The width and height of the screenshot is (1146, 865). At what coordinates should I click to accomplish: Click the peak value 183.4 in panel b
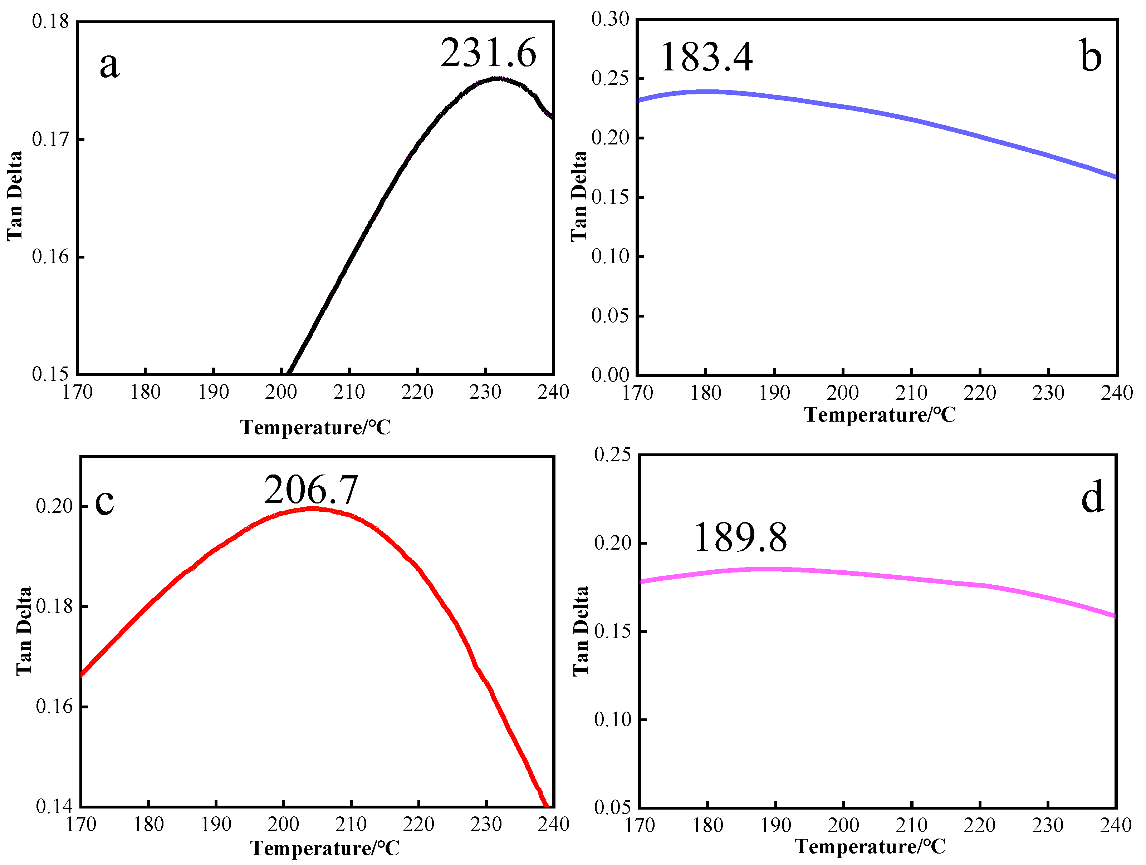(706, 57)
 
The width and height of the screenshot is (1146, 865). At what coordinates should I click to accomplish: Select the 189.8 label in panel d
(740, 538)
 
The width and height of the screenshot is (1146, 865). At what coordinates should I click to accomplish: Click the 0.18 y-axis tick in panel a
(50, 22)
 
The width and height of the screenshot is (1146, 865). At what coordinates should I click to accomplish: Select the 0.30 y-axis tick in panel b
(610, 19)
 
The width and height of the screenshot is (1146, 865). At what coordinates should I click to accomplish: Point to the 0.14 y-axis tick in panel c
(54, 806)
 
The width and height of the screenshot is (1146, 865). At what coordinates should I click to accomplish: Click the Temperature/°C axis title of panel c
(325, 848)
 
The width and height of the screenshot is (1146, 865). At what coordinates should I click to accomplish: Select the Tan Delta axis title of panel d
(581, 631)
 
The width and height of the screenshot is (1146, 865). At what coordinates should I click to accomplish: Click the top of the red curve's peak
(312, 508)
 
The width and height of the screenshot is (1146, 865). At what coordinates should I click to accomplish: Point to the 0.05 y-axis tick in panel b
(610, 315)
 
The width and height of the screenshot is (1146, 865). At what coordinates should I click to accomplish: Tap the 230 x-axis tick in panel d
(1048, 825)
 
